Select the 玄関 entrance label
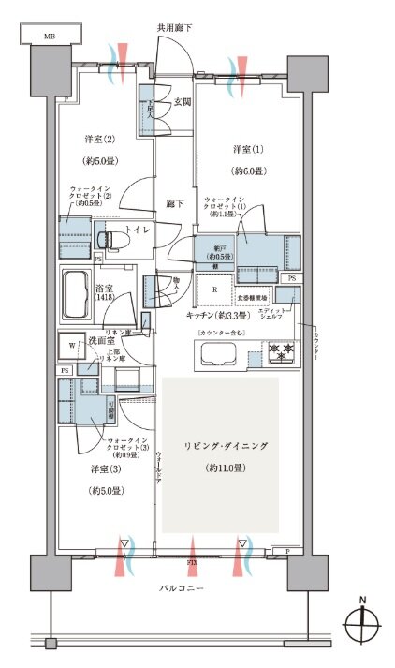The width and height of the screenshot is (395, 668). coord(183,101)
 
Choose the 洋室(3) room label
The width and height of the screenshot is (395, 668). coord(108,468)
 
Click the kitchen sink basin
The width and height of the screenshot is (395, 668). coord(221,354)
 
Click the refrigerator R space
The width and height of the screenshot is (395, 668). coord(216,289)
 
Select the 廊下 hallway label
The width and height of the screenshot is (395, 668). coord(172,202)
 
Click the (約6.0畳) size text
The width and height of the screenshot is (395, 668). coord(249,171)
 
